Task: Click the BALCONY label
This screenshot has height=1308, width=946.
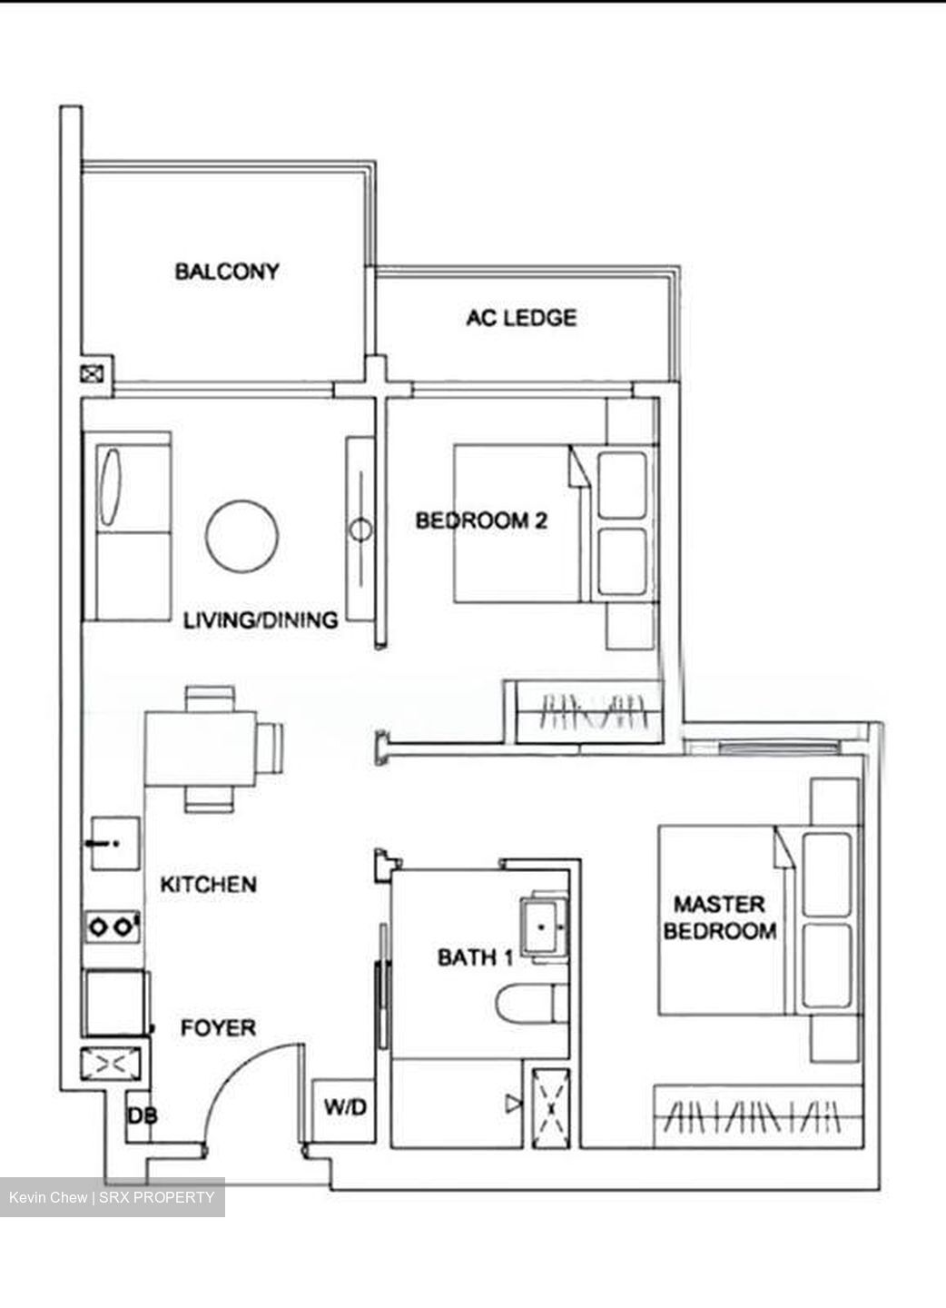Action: point(227,271)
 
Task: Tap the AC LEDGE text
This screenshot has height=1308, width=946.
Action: point(521,318)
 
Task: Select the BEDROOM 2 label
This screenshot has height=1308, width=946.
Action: point(481,520)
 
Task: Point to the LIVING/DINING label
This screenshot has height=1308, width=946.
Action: point(261,620)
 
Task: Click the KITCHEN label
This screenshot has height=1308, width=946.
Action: point(208,884)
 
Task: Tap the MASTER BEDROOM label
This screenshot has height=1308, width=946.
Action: point(719,917)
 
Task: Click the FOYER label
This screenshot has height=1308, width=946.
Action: point(218,1028)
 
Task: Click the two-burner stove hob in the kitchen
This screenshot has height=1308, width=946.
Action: point(113,927)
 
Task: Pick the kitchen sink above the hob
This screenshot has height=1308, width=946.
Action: point(113,844)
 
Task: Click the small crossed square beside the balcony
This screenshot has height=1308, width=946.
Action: point(93,373)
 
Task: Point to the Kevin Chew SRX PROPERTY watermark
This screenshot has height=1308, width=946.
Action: point(112,1197)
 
